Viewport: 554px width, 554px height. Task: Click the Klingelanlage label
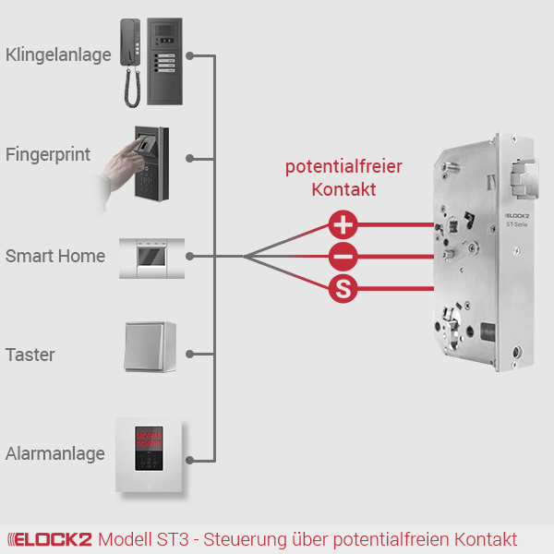point(58,54)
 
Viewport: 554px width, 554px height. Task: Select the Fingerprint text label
point(48,154)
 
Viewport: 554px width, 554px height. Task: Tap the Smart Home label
point(55,256)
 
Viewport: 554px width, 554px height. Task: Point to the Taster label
point(30,355)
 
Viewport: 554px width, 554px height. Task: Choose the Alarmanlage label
point(54,454)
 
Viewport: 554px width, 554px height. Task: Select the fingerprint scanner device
point(150,163)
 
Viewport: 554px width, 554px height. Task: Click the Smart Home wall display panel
point(151,256)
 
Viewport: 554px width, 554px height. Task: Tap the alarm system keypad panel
point(151,454)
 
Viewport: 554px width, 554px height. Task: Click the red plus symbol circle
point(343,224)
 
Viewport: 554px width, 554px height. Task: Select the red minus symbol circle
point(343,257)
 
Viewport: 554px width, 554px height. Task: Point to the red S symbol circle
point(343,289)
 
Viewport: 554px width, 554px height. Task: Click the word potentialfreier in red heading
point(343,167)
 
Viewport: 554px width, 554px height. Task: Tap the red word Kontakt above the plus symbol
point(343,189)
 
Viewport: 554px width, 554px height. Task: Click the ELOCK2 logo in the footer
point(50,539)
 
